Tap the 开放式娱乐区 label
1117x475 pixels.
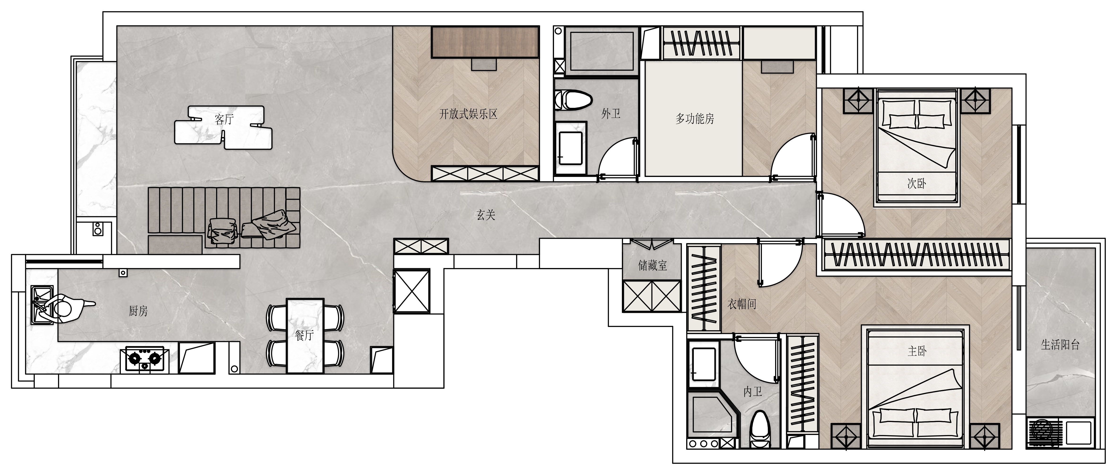(x=468, y=114)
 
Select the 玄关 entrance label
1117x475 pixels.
(x=486, y=215)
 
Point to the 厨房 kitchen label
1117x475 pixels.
(x=138, y=311)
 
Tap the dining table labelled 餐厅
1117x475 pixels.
(x=305, y=335)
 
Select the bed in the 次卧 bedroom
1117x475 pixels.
(x=917, y=146)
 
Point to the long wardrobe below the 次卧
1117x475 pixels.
(x=917, y=255)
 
